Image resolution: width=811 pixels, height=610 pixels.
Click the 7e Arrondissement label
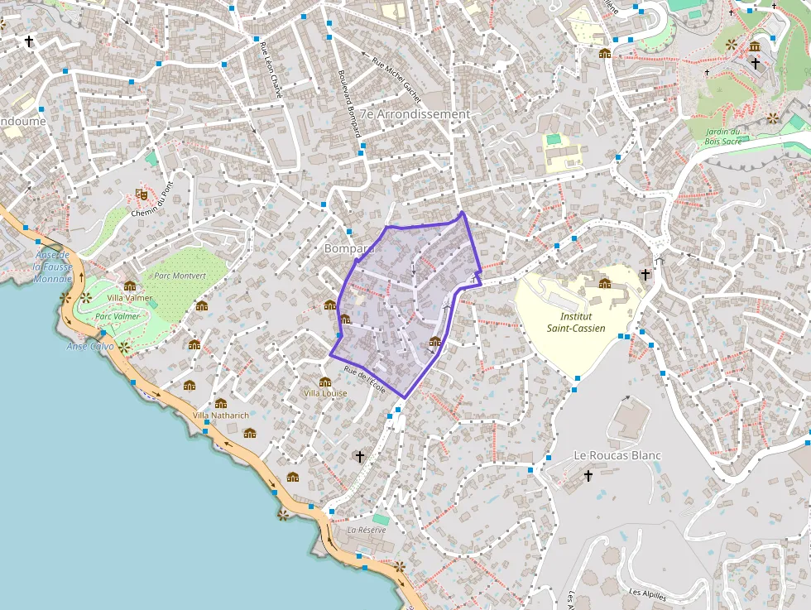415,114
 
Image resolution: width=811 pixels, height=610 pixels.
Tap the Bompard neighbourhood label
350,248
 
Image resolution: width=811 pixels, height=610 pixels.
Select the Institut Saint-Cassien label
576,323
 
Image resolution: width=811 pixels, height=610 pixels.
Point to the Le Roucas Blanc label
617,456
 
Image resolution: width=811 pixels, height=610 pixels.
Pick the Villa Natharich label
221,415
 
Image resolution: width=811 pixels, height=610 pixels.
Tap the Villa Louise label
324,393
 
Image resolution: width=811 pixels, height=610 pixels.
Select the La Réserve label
367,530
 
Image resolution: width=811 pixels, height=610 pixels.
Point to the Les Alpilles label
647,593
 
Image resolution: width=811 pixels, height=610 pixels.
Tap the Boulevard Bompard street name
349,103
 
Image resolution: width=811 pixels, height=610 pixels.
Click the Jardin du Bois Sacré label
722,137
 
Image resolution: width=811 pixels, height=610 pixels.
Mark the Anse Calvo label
89,346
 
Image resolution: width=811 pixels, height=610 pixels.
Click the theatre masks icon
142,195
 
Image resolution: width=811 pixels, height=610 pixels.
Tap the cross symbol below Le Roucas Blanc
588,476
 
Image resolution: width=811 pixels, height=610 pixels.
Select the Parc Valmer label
117,316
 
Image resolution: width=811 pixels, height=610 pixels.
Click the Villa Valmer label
130,298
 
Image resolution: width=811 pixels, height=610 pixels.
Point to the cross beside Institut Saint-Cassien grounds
645,274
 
